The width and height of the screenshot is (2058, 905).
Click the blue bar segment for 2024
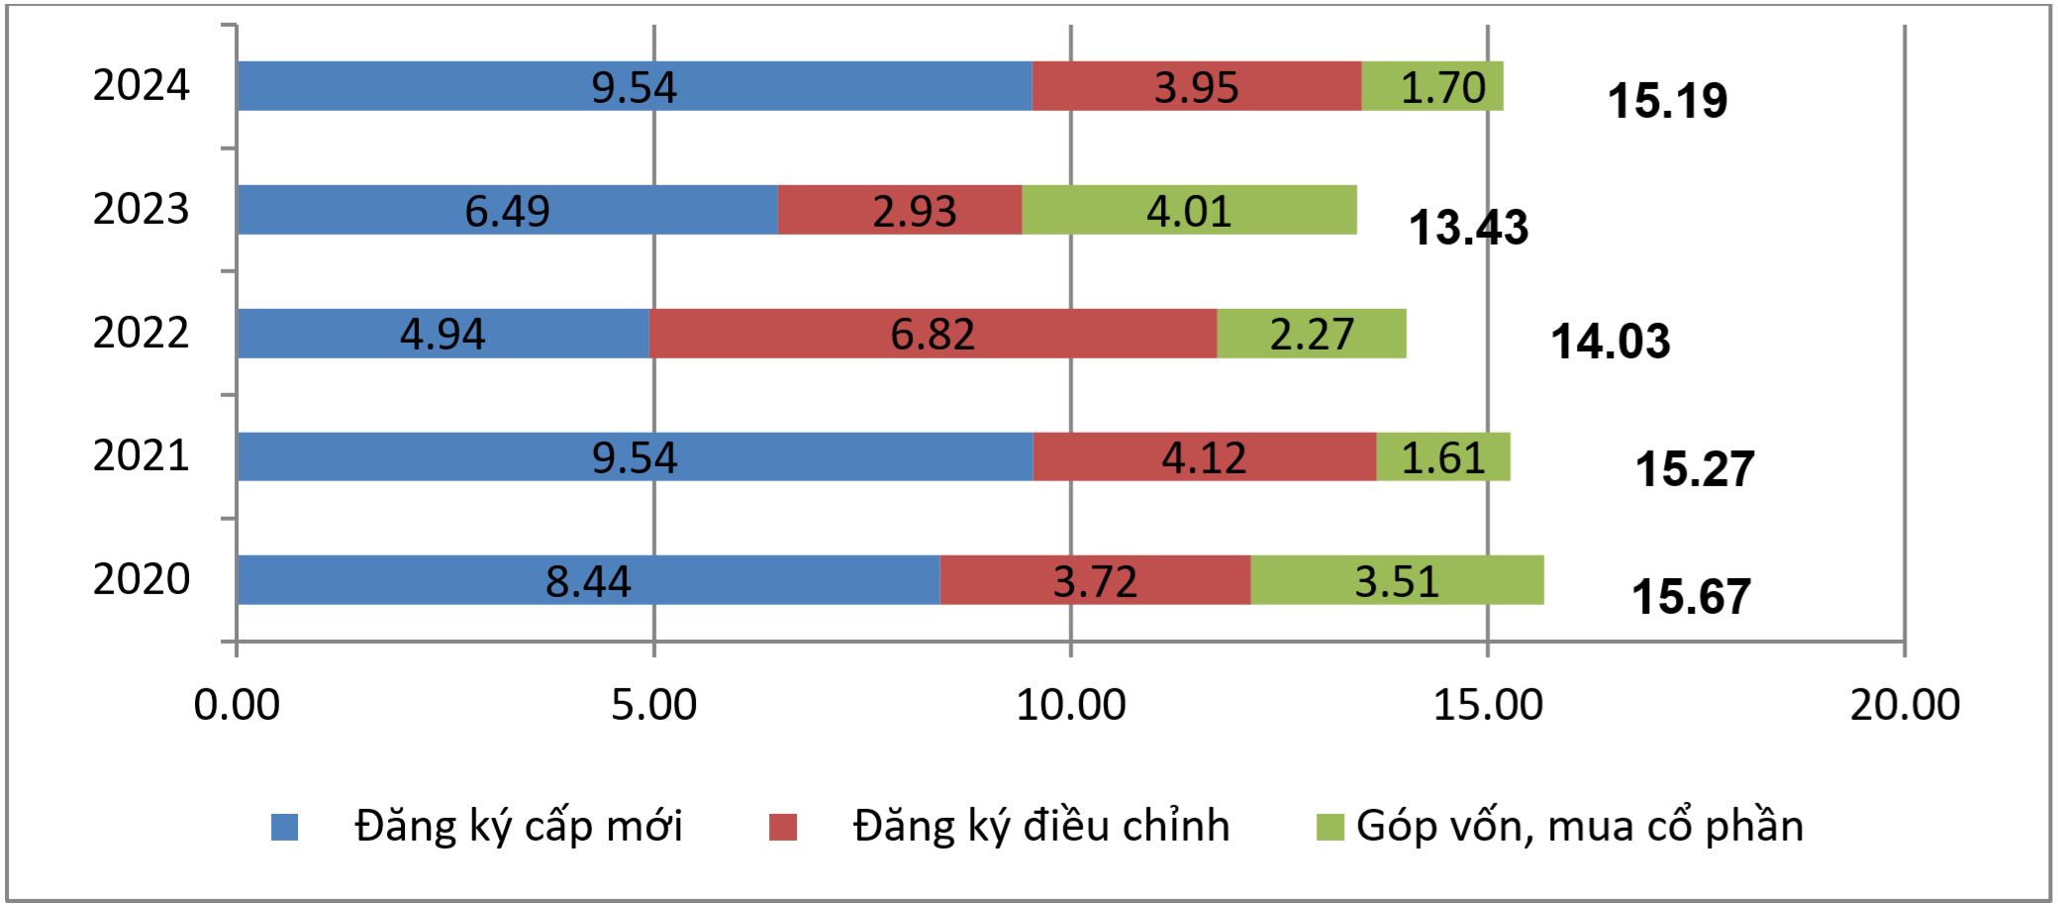coord(634,86)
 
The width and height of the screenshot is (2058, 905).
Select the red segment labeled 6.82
coord(932,334)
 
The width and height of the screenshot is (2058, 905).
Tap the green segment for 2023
coord(1189,210)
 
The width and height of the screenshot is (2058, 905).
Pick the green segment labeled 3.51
coord(1397,580)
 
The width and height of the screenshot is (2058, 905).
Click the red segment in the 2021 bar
coord(1204,456)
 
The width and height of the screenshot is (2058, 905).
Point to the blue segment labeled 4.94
coord(442,334)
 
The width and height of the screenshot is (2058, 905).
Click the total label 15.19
coord(1667,101)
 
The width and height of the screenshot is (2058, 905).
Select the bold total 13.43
coord(1468,228)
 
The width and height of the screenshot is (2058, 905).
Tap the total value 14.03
coord(1610,342)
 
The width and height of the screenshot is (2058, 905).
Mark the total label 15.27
coord(1694,469)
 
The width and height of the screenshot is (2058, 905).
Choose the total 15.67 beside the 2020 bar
coord(1691,597)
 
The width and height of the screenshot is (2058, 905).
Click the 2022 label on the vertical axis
coord(141,333)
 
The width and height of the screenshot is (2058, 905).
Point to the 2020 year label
coord(141,579)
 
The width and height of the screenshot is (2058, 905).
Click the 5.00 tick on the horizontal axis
coord(653,705)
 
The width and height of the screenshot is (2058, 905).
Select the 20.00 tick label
coord(1905,705)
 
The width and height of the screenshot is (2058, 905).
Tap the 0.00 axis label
coord(237,705)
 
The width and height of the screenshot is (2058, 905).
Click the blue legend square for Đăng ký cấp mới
coord(285,827)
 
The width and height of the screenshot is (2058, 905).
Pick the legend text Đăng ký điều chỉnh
coord(1041,826)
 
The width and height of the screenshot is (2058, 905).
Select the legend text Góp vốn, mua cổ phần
coord(1579,826)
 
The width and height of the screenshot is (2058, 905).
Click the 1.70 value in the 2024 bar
coord(1442,87)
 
